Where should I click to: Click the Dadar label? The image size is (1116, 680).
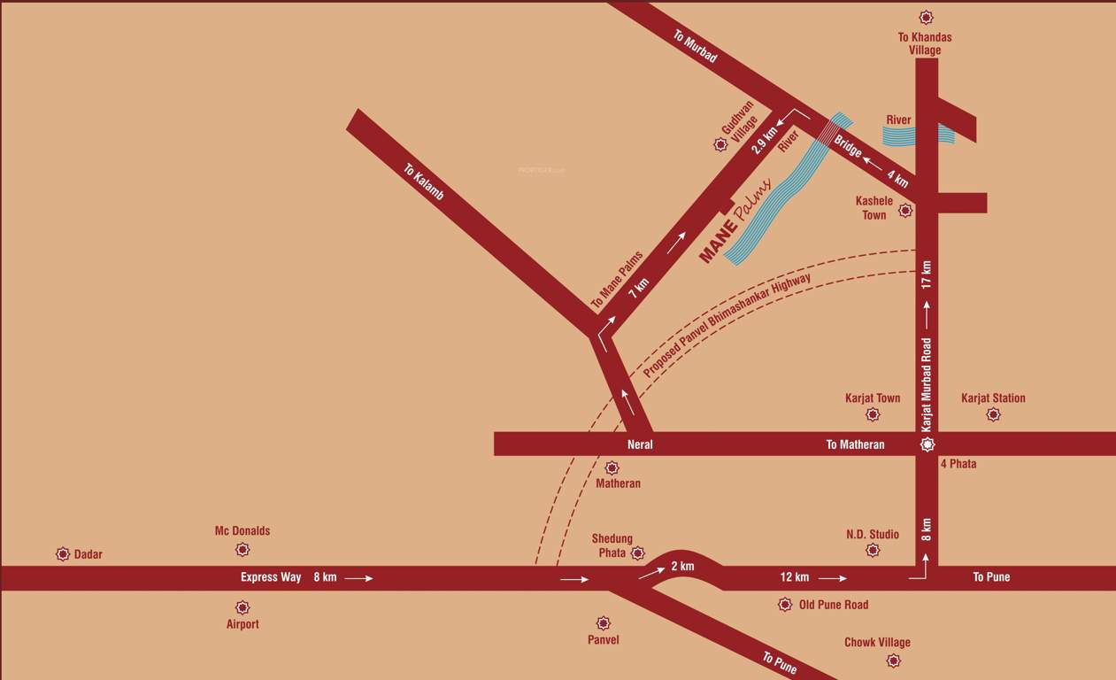point(88,554)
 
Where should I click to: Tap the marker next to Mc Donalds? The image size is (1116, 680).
point(242,550)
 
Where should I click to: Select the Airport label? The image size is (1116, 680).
point(242,624)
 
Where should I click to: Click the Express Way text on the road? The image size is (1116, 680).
point(271,577)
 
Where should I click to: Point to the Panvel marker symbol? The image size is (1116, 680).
point(604,623)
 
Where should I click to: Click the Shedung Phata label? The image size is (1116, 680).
point(612,545)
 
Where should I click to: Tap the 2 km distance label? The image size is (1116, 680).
point(682,567)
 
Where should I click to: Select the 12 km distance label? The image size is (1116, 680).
point(794,577)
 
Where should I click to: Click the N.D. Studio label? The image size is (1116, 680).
point(872,534)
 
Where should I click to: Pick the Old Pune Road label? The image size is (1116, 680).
point(833,605)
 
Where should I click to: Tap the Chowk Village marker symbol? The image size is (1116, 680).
point(894,661)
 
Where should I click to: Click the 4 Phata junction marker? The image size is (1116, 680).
point(927,444)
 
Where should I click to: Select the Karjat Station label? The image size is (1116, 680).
point(993,398)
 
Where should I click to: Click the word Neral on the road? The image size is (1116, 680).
point(640,444)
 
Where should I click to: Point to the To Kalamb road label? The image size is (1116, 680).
point(424,182)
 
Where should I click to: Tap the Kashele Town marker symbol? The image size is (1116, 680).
point(905,211)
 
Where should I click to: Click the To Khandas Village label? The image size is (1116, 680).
point(925,43)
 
